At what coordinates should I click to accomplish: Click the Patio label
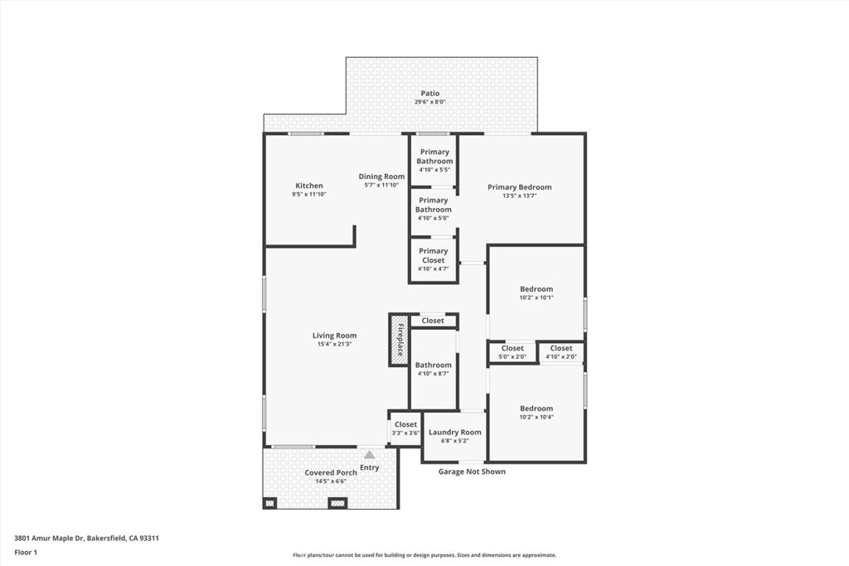pos(429,94)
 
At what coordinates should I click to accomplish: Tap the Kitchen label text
pos(309,186)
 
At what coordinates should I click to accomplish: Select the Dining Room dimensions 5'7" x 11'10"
pos(381,186)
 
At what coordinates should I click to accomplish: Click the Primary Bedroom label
pos(519,187)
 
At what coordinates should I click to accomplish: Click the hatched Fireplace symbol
pos(399,340)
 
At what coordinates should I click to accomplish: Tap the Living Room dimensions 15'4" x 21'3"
pos(334,344)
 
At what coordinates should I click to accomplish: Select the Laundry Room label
pos(454,433)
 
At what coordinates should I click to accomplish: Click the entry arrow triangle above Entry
pos(369,454)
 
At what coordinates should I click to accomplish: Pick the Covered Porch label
pos(330,472)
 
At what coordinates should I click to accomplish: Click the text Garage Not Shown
pos(472,472)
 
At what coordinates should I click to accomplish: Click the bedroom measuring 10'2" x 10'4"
pos(536,413)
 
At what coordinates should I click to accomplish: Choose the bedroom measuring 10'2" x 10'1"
pos(536,293)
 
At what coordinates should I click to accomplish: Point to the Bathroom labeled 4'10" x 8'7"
pos(433,369)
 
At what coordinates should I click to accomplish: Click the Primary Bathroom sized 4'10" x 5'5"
pos(434,157)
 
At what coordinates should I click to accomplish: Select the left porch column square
pos(269,503)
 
